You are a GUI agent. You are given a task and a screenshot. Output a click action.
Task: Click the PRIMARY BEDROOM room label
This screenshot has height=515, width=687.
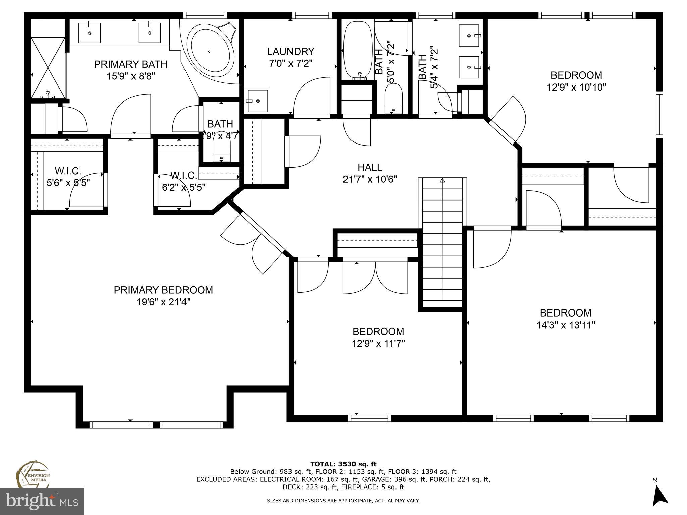[x=163, y=290]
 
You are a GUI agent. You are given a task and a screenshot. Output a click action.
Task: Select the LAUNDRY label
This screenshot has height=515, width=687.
[x=290, y=51]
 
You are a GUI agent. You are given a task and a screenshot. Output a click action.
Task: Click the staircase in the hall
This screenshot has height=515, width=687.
[x=442, y=241]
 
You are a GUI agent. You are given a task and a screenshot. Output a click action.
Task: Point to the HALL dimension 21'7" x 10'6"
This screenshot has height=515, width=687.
[x=370, y=179]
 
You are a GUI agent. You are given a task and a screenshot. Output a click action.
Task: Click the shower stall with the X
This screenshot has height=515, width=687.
[x=48, y=67]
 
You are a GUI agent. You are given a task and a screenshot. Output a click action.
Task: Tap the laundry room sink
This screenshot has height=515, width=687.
[x=258, y=101]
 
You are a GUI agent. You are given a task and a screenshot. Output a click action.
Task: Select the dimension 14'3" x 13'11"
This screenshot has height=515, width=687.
[x=566, y=325]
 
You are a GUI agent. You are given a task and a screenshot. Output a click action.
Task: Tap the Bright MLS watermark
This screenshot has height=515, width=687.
[x=42, y=501]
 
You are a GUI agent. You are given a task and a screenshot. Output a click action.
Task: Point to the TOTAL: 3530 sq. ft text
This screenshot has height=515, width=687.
[x=343, y=464]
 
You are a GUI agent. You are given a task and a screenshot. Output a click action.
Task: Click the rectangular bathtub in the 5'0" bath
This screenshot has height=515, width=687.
[x=357, y=50]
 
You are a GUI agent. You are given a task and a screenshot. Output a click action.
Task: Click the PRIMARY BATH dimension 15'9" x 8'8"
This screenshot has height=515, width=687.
[x=131, y=76]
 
